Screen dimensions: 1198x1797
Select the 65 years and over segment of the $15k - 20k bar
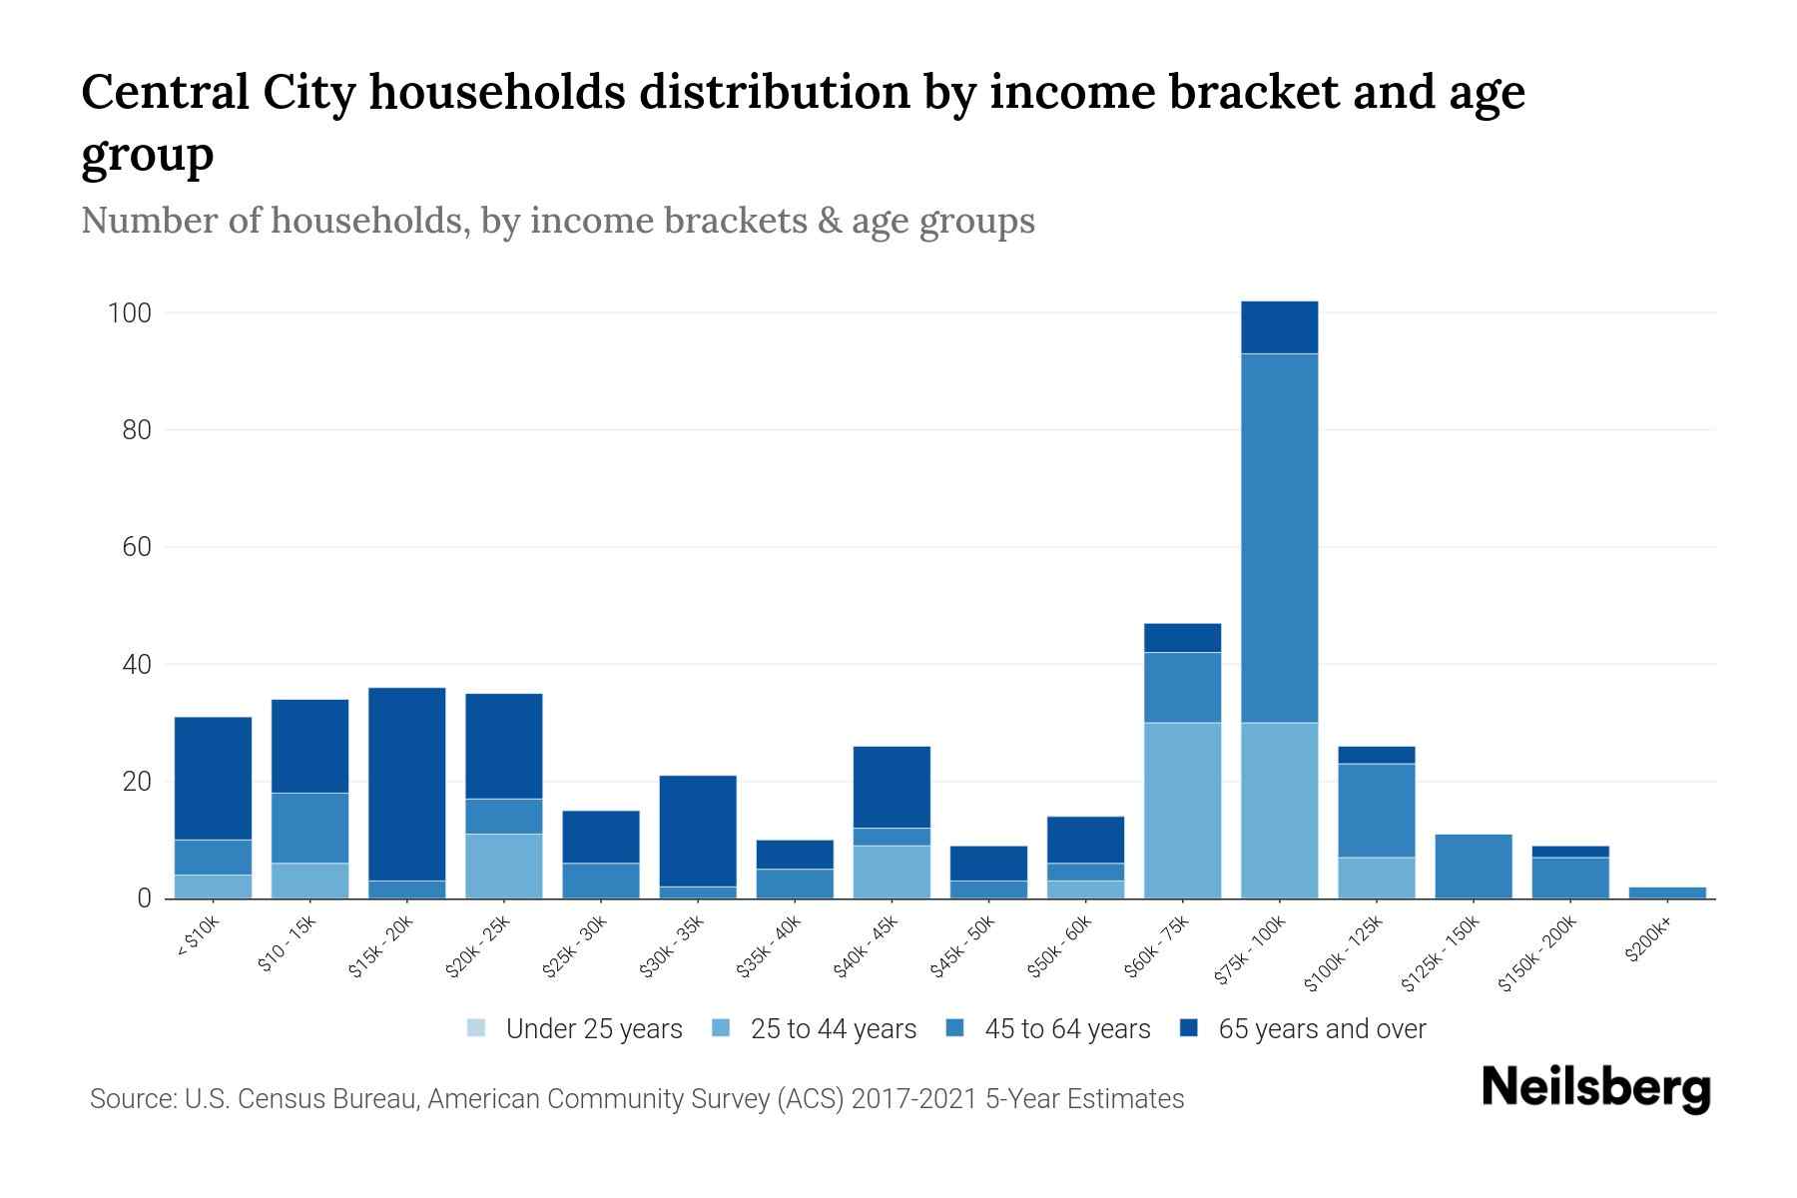click(x=406, y=784)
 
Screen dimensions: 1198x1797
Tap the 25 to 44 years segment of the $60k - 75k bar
click(x=1182, y=810)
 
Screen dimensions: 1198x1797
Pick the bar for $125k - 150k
click(x=1473, y=866)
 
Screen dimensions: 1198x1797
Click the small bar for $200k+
click(x=1666, y=892)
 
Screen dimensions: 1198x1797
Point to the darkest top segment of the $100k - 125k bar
click(x=1376, y=755)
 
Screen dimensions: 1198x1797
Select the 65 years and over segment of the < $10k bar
click(x=213, y=778)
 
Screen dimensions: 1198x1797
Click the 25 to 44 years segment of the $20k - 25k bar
click(x=503, y=866)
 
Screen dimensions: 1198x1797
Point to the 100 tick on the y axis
click(x=130, y=313)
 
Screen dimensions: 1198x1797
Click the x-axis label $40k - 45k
click(x=868, y=945)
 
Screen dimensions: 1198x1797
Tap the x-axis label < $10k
click(x=199, y=936)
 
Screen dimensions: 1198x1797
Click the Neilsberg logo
click(x=1595, y=1087)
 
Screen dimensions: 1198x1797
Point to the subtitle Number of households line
click(x=557, y=221)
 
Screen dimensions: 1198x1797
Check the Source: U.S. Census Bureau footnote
click(x=636, y=1099)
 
